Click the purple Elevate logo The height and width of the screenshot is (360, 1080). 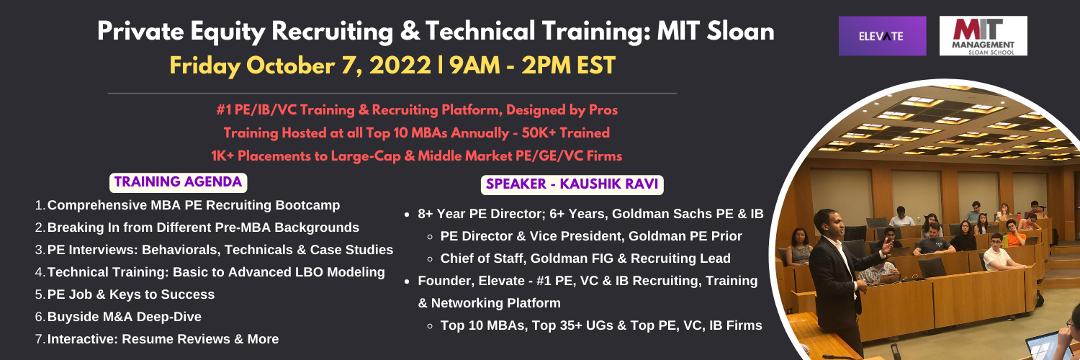[x=882, y=36]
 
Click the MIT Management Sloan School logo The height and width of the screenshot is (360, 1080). [x=983, y=36]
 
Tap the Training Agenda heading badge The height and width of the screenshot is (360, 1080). [x=178, y=182]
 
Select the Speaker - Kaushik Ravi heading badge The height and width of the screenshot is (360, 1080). [x=572, y=184]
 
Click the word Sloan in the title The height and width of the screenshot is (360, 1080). [x=741, y=32]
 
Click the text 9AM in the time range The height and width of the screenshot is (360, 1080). [x=474, y=66]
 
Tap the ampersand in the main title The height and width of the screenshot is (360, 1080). [x=409, y=32]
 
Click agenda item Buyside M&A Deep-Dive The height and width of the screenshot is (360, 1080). [x=125, y=317]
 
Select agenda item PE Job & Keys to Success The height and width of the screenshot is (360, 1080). [x=130, y=294]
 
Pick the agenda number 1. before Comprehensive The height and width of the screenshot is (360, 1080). [x=40, y=205]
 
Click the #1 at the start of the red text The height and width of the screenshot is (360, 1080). [x=224, y=110]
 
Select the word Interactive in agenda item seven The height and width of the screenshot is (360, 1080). [x=83, y=339]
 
